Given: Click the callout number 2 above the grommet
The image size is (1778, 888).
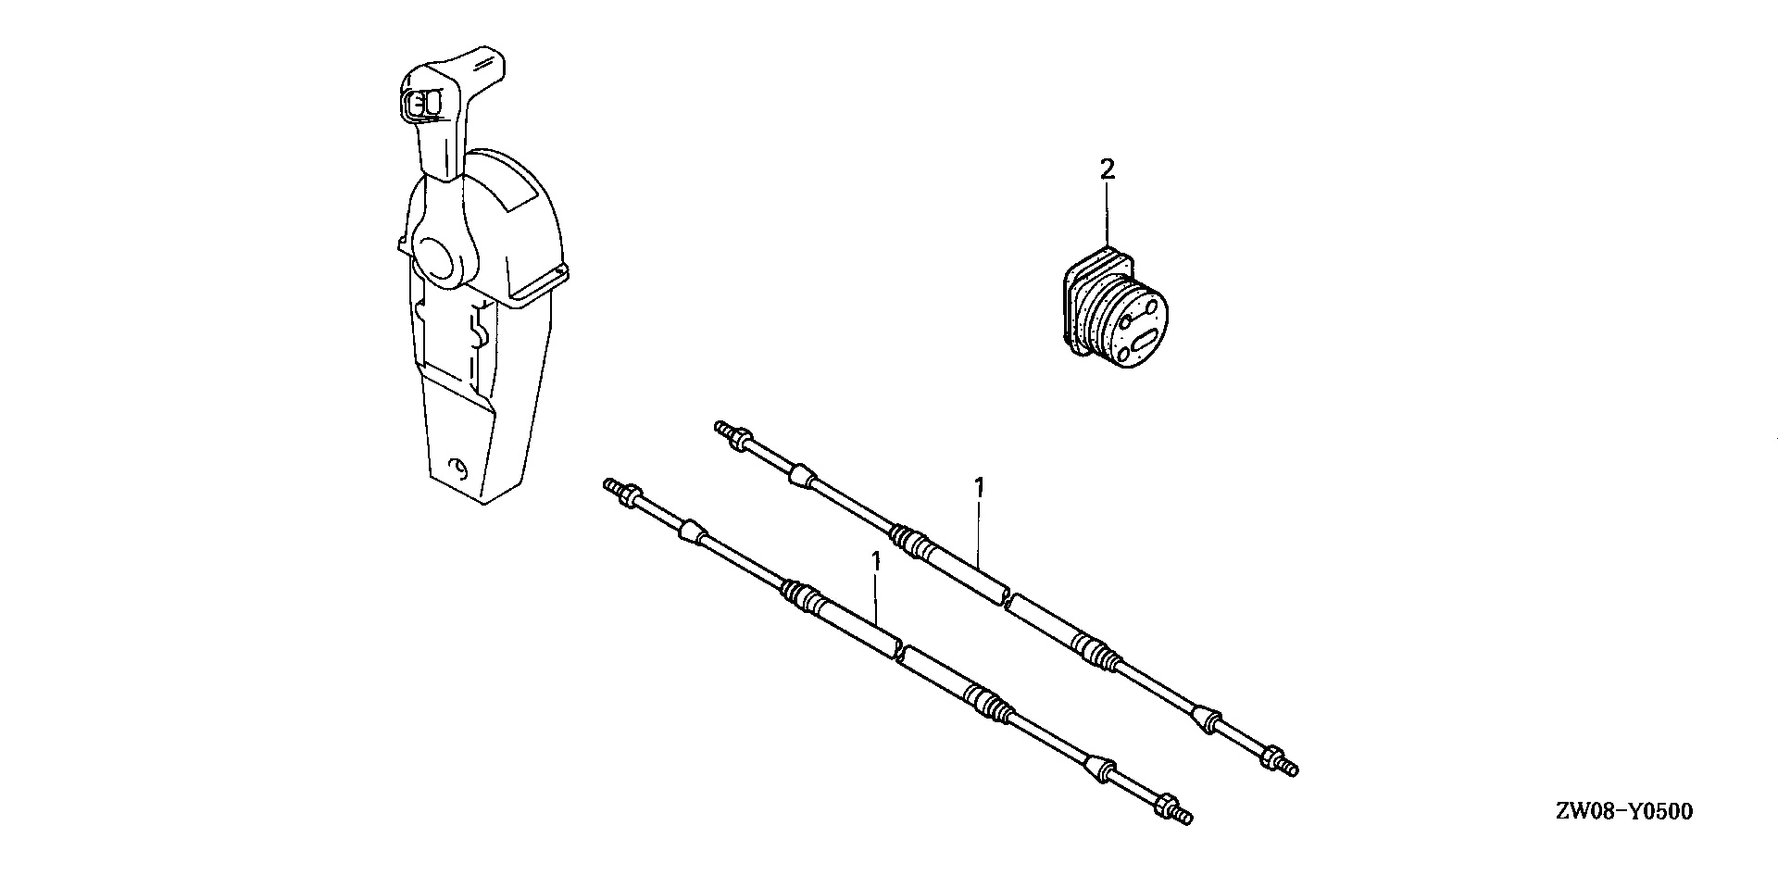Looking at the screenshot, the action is point(1107,169).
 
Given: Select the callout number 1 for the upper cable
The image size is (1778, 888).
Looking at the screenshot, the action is point(980,487).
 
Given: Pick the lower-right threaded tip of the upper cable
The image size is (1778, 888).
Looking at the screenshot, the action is point(1290,768).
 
